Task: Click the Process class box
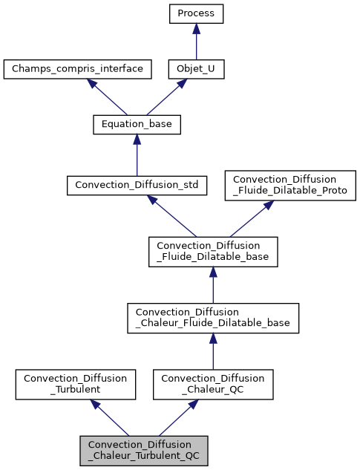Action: click(196, 13)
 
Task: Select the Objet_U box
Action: click(196, 69)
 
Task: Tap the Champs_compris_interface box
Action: click(78, 69)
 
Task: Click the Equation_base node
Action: click(137, 125)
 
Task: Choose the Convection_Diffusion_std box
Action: click(137, 185)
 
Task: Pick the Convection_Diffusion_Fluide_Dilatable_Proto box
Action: click(290, 185)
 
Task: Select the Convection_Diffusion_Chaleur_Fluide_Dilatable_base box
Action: click(213, 318)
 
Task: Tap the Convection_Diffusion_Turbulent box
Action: click(76, 384)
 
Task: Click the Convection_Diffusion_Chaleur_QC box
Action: click(213, 384)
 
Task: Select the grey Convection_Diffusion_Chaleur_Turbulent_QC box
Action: click(144, 450)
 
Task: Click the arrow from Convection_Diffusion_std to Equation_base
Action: click(137, 154)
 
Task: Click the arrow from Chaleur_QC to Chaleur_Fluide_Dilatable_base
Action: click(213, 350)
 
